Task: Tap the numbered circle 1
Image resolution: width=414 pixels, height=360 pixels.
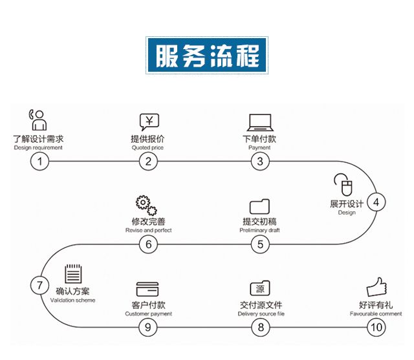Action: click(x=40, y=162)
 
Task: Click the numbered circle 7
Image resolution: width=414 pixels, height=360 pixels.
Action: click(x=40, y=285)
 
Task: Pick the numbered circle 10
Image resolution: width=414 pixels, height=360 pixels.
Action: click(x=376, y=327)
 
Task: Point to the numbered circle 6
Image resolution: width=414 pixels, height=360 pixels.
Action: click(x=148, y=244)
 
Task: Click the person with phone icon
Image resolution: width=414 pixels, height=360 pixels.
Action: click(x=38, y=121)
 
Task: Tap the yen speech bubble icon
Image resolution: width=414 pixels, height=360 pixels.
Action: click(x=149, y=122)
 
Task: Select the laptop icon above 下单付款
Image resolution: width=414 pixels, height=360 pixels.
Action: click(x=260, y=123)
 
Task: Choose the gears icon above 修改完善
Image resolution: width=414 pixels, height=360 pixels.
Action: click(x=146, y=206)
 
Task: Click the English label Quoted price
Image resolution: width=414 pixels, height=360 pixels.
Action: click(x=148, y=147)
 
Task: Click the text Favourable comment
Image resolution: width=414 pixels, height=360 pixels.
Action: click(x=376, y=314)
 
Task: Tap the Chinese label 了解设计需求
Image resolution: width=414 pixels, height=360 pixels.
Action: click(x=38, y=138)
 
